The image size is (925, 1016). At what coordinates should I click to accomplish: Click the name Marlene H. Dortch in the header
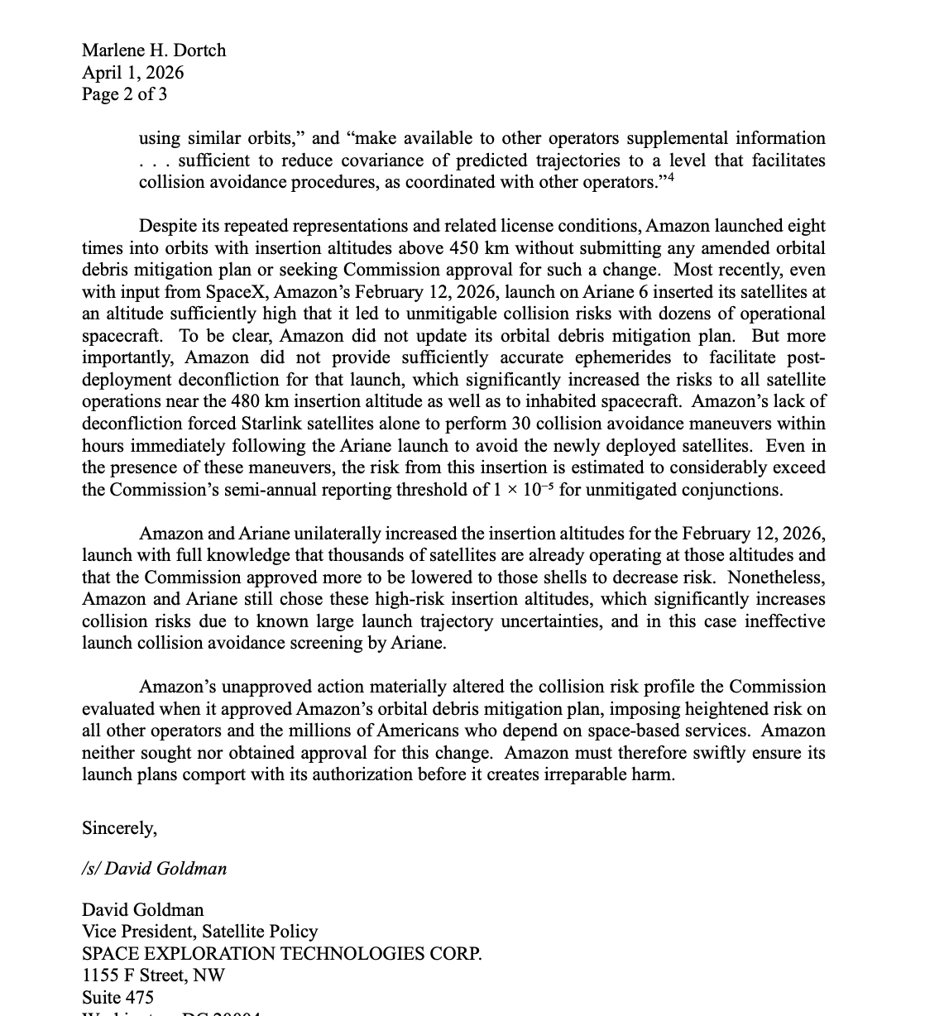[x=153, y=50]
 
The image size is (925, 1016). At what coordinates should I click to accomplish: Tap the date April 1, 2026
[x=132, y=73]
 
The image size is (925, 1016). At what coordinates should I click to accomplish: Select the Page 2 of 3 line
[x=124, y=94]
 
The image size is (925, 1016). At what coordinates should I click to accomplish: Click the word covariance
[x=413, y=161]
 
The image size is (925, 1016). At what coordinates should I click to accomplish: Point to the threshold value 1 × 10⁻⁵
[x=524, y=489]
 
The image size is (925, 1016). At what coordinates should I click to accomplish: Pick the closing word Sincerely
[x=119, y=827]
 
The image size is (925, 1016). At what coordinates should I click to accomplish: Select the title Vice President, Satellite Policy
[x=199, y=932]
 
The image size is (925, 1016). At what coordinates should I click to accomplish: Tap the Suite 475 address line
[x=117, y=998]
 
